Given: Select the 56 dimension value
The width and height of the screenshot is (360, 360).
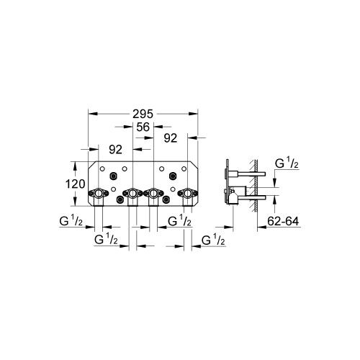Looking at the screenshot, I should click(142, 126).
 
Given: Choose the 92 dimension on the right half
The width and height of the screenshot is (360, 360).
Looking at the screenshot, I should click(171, 137).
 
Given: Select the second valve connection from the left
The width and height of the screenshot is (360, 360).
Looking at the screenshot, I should click(131, 193).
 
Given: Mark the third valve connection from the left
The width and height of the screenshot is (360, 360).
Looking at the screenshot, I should click(153, 193).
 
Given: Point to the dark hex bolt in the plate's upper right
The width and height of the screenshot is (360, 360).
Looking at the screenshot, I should click(173, 176).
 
